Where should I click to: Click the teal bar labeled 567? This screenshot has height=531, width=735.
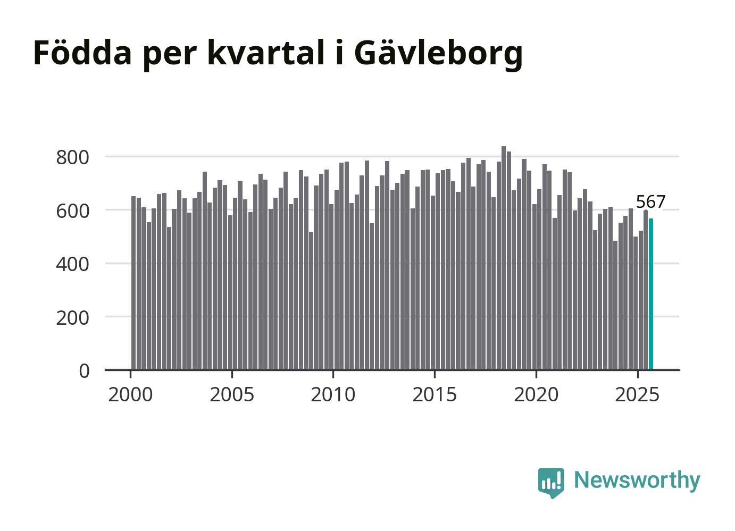click(650, 294)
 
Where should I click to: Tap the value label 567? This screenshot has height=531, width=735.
click(650, 202)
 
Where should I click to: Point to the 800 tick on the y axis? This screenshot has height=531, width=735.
click(72, 157)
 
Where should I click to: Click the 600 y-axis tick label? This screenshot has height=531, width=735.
click(72, 210)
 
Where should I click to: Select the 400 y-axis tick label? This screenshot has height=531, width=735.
click(72, 264)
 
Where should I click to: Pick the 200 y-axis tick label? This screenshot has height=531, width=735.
click(72, 317)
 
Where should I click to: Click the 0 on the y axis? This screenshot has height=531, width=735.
click(84, 370)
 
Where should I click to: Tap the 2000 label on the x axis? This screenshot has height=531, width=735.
click(130, 395)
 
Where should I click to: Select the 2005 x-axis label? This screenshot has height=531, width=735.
click(232, 395)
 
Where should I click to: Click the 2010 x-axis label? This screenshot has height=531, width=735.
click(333, 395)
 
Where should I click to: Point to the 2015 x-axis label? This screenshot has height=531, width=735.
click(435, 395)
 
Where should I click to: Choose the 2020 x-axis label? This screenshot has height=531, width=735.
click(536, 395)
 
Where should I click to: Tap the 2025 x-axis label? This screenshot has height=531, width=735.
click(637, 395)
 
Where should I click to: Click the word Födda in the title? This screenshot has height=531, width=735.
click(82, 53)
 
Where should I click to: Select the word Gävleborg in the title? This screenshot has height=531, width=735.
click(438, 54)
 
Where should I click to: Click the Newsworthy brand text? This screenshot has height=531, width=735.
click(637, 480)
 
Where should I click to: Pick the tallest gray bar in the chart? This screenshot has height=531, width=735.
click(504, 258)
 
